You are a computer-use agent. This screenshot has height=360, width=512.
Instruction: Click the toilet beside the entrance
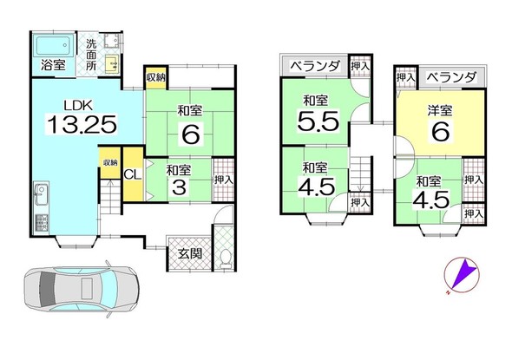coord(223,257)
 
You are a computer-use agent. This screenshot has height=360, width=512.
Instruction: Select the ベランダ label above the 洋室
coord(451,77)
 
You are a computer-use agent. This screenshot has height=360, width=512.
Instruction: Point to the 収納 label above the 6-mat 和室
coord(155,75)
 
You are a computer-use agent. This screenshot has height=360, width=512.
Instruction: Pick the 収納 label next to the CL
coord(109,163)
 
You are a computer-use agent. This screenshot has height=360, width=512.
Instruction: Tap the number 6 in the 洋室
coord(440,132)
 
